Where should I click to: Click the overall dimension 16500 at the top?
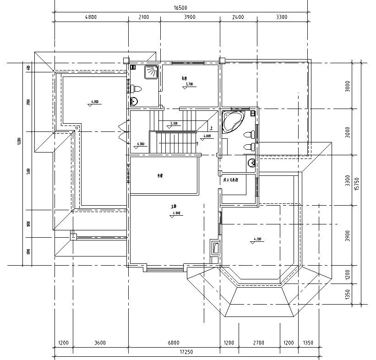click(180, 7)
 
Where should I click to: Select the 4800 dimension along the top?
click(91, 17)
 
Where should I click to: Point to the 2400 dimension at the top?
click(238, 17)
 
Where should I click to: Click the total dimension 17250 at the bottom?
click(185, 352)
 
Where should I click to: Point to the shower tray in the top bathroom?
click(151, 72)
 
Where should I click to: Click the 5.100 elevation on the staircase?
click(174, 124)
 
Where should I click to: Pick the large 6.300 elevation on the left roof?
click(95, 101)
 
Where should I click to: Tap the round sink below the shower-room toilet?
click(134, 101)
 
